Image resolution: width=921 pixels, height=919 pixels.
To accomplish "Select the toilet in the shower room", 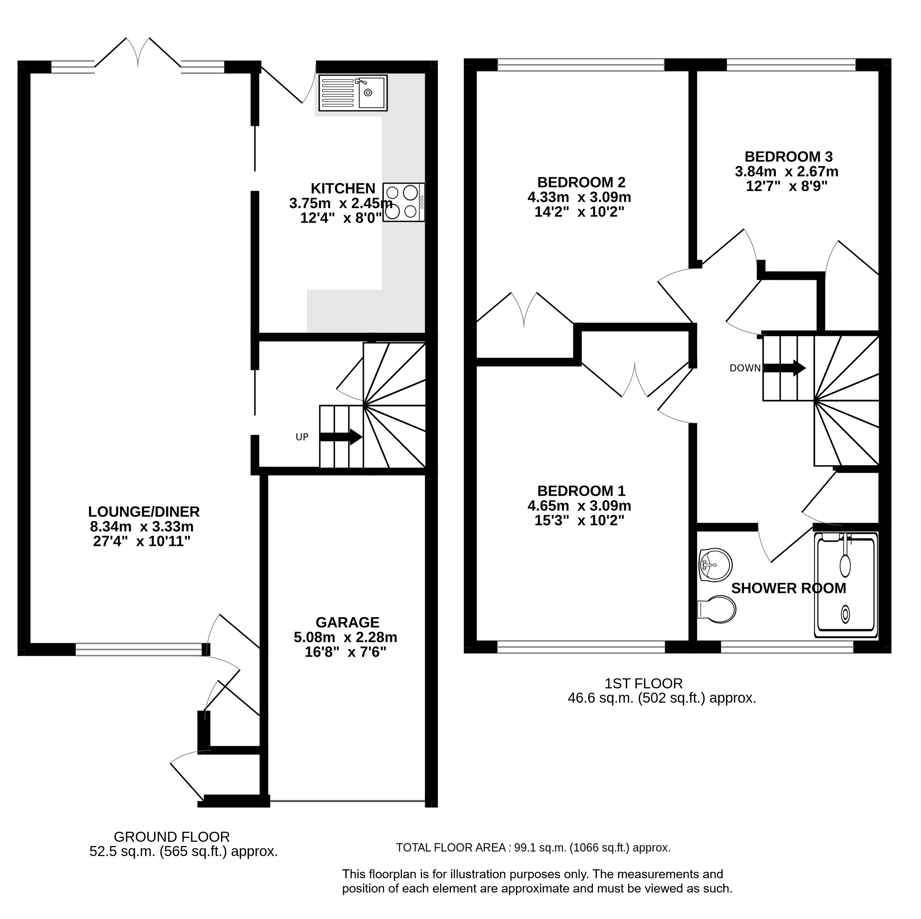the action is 717,609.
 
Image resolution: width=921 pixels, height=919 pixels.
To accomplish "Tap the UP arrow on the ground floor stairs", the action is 341,437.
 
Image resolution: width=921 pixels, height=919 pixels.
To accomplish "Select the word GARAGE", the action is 348,622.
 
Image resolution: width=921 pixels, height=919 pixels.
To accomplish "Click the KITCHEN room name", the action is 343,188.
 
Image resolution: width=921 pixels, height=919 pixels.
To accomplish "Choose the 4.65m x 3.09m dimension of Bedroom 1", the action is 579,505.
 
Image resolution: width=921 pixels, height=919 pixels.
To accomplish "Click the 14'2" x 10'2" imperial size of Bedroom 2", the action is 579,212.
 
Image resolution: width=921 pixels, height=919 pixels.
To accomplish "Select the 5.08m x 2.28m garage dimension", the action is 346,637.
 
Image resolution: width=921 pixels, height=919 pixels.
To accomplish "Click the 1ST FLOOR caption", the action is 644,684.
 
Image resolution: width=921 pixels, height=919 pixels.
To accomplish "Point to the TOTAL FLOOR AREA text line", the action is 533,847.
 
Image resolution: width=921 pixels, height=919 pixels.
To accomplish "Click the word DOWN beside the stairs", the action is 745,368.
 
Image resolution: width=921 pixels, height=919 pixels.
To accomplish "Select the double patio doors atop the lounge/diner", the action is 138,53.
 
